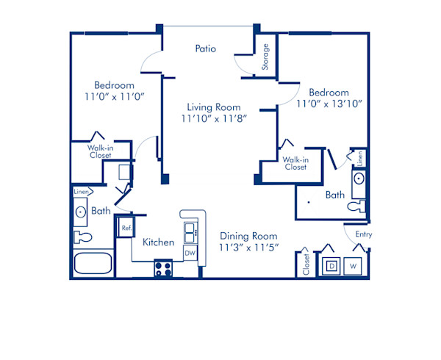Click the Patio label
tap(206, 49)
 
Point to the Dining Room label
tap(248, 237)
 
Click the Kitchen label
tap(158, 242)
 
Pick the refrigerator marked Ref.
tap(126, 228)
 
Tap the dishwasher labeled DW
tap(190, 253)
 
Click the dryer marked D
tap(332, 265)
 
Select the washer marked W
tap(354, 265)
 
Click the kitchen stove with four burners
tap(163, 269)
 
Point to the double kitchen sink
tap(190, 231)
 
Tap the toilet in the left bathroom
tap(81, 237)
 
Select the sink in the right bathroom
tap(359, 179)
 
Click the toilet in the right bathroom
tap(357, 206)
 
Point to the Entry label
tap(363, 234)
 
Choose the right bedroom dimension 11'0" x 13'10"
tap(329, 104)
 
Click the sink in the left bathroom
tap(80, 212)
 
